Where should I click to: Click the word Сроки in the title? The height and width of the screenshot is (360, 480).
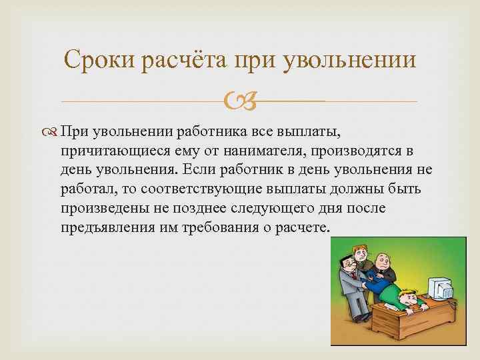[x=102, y=61]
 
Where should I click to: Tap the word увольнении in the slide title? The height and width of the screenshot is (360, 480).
[x=351, y=61]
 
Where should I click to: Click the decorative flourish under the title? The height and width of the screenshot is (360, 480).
[x=239, y=102]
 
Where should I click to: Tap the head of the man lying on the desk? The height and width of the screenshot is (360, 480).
[x=407, y=297]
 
